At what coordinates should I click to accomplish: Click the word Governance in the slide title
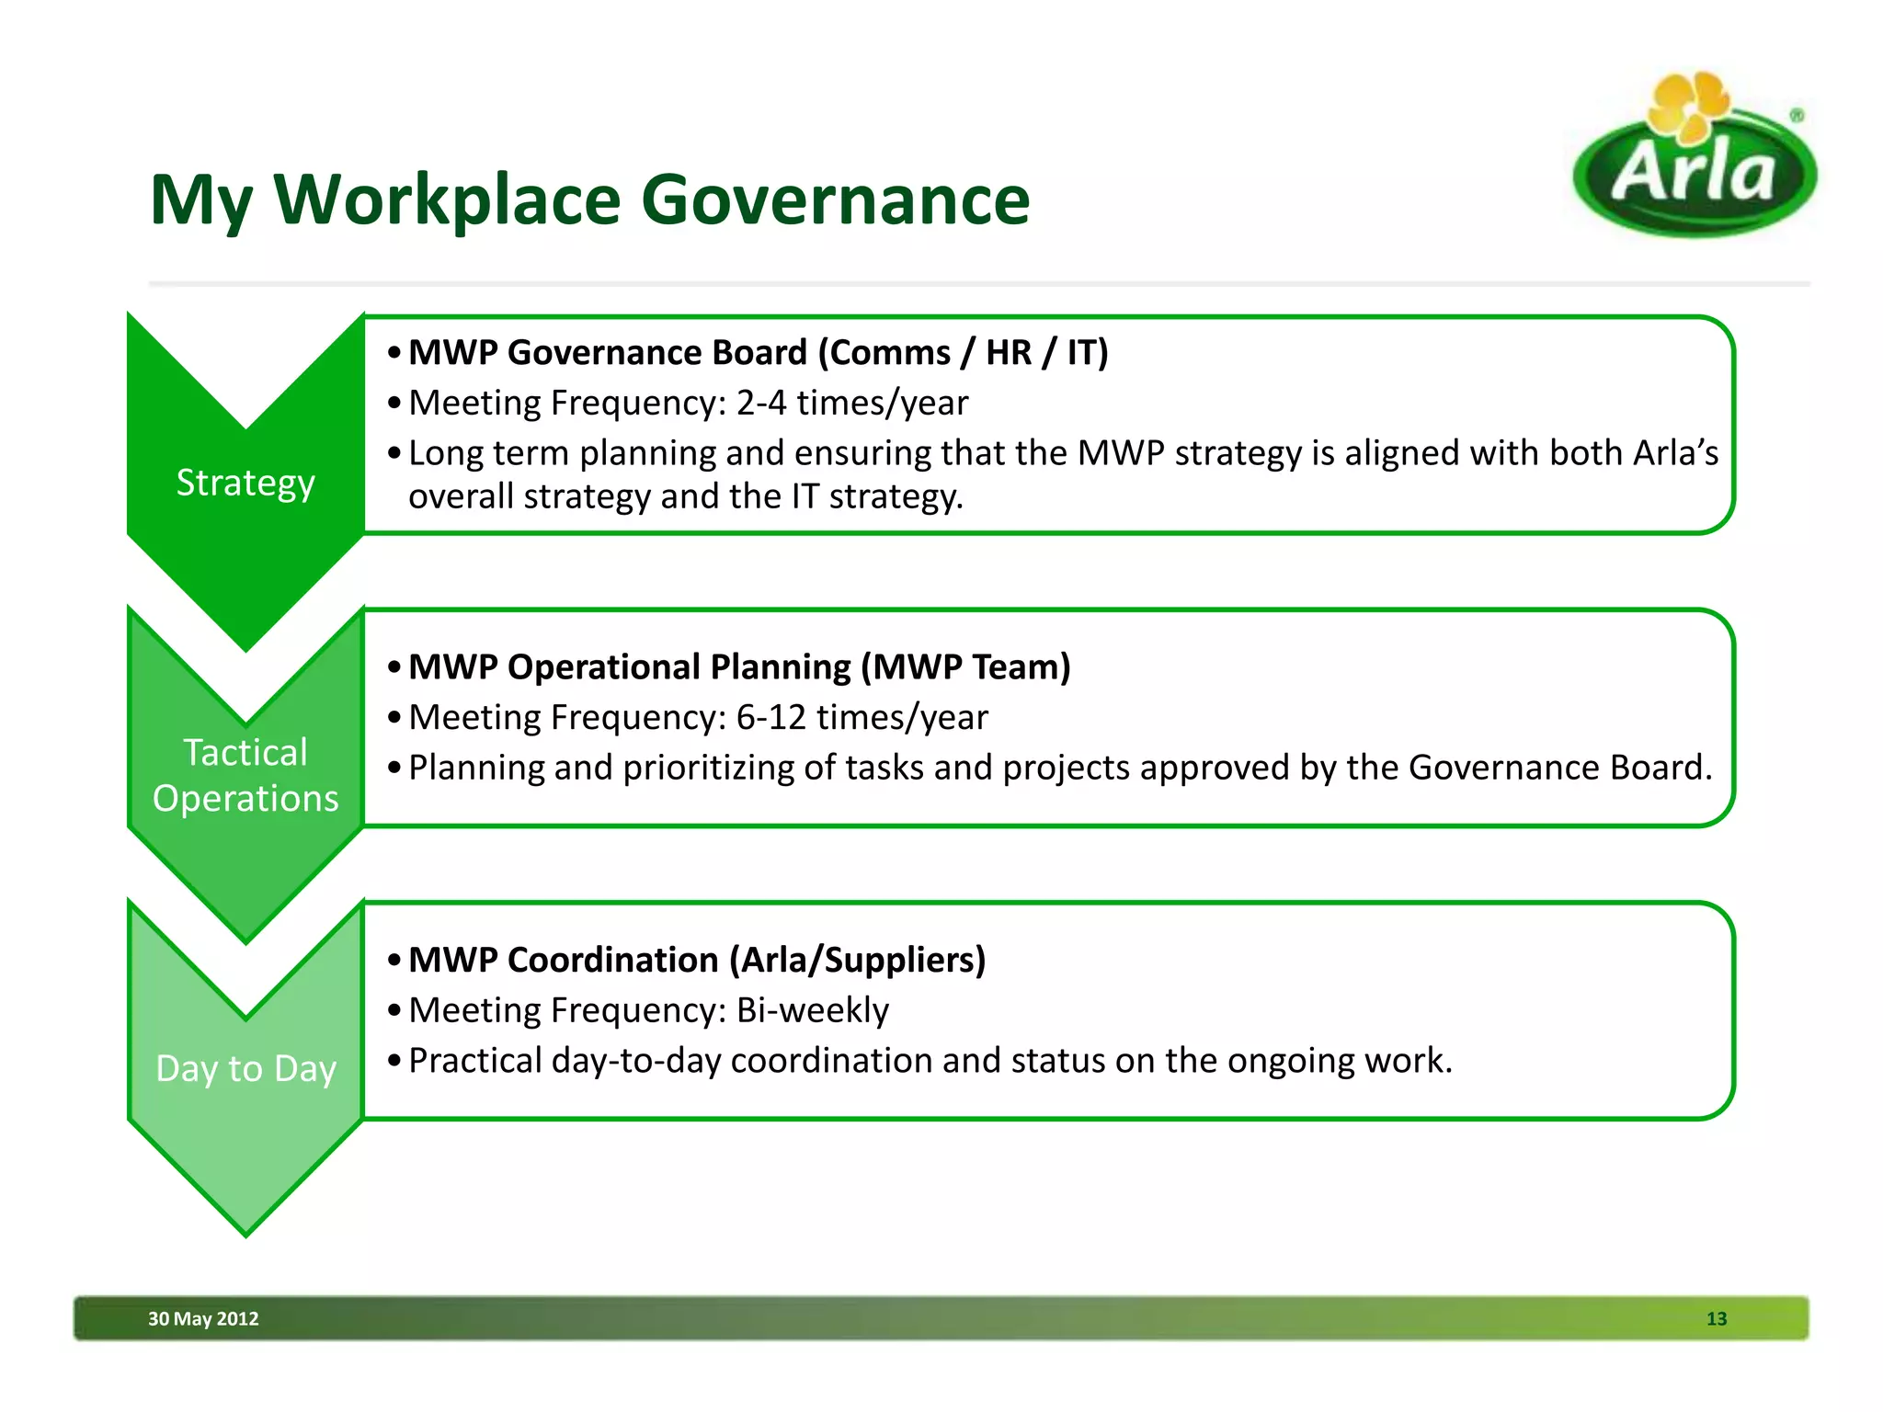(835, 199)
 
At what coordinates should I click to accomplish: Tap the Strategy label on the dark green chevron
(245, 483)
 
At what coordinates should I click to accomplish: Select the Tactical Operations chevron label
(245, 775)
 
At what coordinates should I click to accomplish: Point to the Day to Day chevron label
(245, 1068)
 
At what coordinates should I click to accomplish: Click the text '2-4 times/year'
(852, 403)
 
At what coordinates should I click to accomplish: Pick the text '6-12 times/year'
(862, 717)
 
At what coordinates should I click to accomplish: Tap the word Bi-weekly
(813, 1010)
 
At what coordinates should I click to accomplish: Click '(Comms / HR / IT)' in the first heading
(963, 352)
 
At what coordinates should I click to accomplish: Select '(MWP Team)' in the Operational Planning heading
(965, 666)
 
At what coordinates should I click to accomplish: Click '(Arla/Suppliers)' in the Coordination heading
(857, 960)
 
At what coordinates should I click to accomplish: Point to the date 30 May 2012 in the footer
(203, 1318)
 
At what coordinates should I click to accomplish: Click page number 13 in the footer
(1716, 1318)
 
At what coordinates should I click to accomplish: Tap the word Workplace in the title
(448, 199)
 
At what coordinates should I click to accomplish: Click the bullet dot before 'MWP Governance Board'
(394, 353)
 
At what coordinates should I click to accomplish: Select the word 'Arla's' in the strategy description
(1674, 453)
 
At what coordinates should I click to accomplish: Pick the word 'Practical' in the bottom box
(474, 1061)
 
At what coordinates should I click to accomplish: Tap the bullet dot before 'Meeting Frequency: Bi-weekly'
(394, 1011)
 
